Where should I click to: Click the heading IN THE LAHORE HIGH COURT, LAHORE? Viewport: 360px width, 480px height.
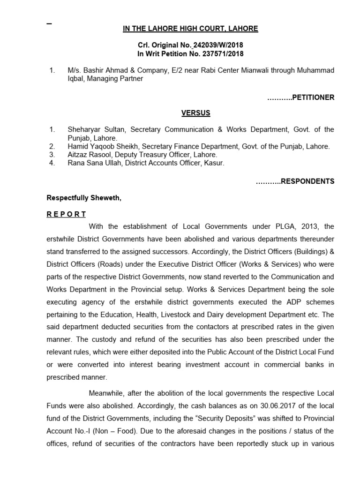pyautogui.click(x=190, y=29)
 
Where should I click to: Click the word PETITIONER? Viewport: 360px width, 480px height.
pyautogui.click(x=313, y=97)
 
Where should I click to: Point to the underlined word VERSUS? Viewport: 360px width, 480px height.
pyautogui.click(x=195, y=113)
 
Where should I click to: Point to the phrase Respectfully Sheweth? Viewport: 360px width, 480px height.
pyautogui.click(x=84, y=198)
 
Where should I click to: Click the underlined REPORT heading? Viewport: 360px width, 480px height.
pyautogui.click(x=66, y=214)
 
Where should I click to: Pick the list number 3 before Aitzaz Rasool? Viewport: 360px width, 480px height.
pyautogui.click(x=52, y=154)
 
